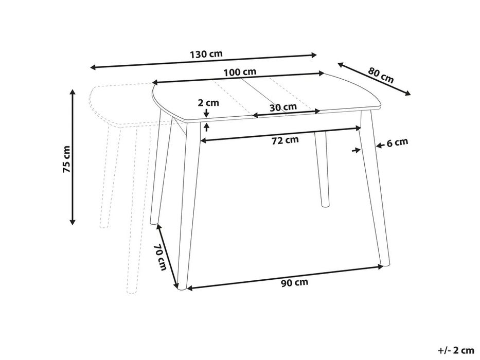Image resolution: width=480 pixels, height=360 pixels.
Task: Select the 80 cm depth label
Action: coord(381,76)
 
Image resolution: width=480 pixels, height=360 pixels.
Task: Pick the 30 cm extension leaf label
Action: coord(283,107)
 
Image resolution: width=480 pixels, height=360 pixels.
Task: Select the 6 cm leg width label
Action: coord(397,142)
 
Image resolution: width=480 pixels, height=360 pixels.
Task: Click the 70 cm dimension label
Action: coord(161,257)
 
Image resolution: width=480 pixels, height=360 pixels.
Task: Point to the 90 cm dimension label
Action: coord(295,282)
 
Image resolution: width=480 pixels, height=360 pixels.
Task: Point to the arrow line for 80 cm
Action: coord(374,79)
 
